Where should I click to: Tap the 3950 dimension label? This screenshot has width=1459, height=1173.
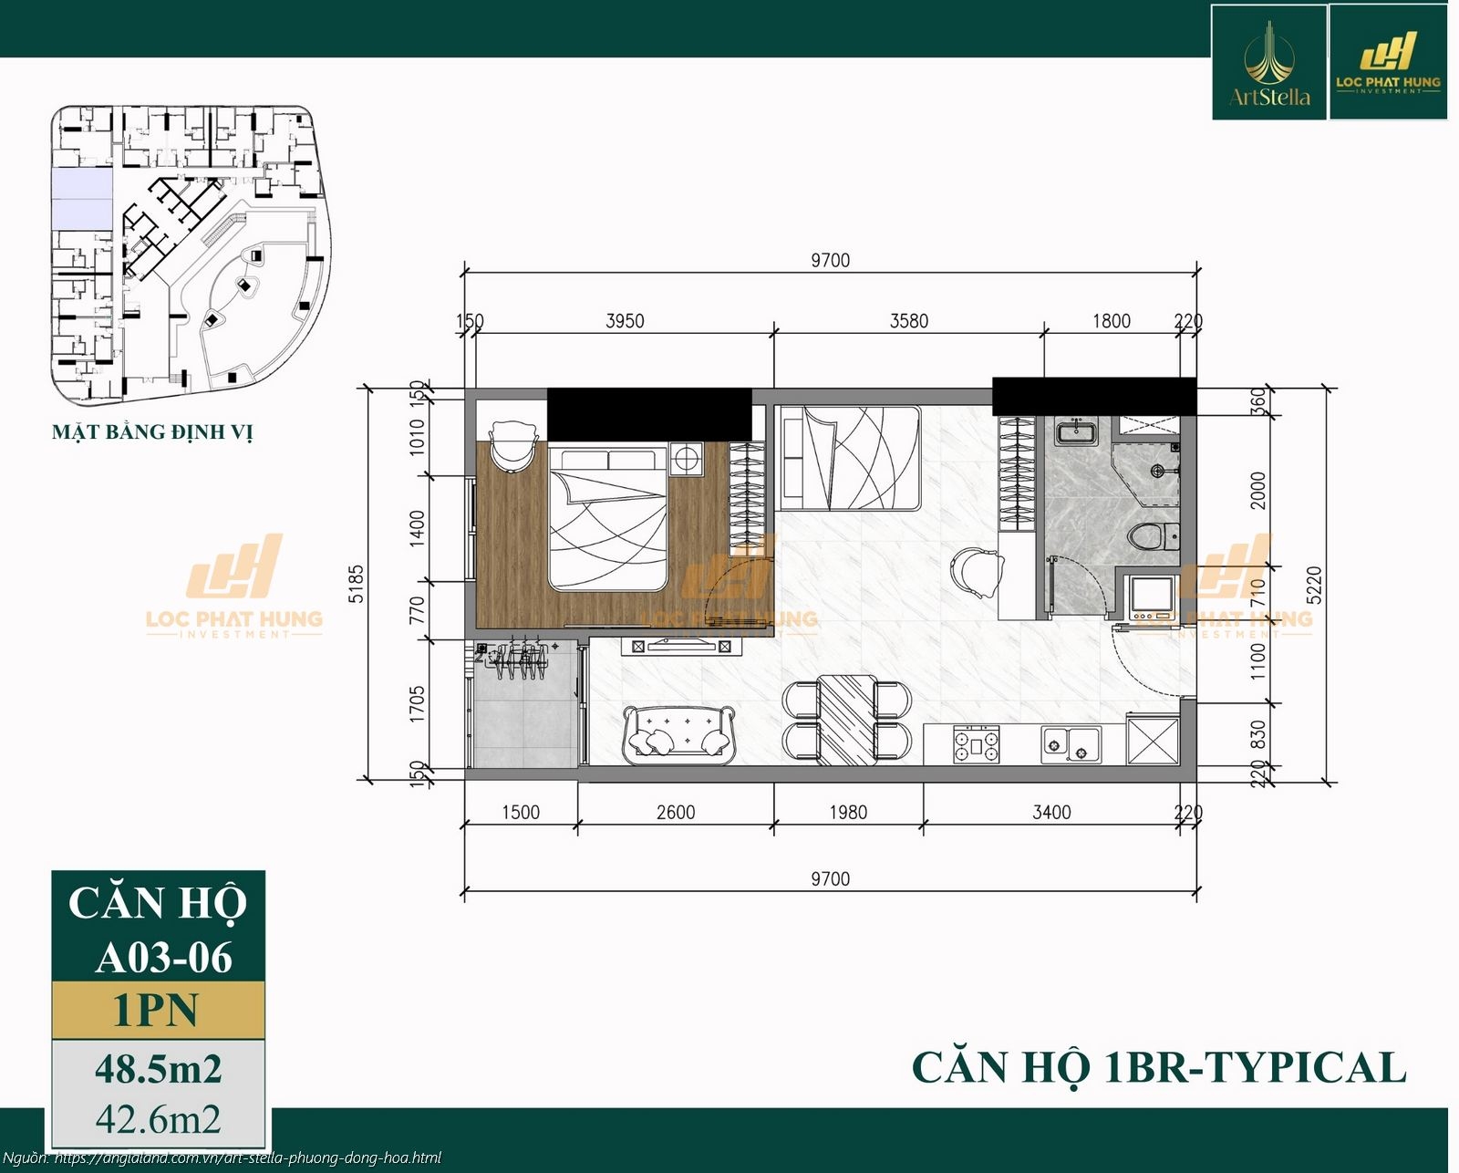[x=625, y=321]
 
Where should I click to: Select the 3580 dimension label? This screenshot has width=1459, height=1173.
[x=909, y=321]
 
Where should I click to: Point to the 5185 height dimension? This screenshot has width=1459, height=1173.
[x=357, y=584]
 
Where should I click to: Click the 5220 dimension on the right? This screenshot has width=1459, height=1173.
[x=1314, y=585]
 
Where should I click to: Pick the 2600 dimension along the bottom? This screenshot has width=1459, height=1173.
[x=676, y=812]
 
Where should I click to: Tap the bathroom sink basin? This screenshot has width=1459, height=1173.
[x=1077, y=432]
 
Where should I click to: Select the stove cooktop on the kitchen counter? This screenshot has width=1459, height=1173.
[x=977, y=744]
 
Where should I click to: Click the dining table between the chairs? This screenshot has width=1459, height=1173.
[x=846, y=719]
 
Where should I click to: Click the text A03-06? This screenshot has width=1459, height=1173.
[x=164, y=958]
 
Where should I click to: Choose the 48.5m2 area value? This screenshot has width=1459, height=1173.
[x=158, y=1068]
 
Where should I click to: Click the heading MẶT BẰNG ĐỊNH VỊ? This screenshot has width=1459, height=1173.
[x=152, y=432]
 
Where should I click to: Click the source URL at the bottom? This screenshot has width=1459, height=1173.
[x=246, y=1157]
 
